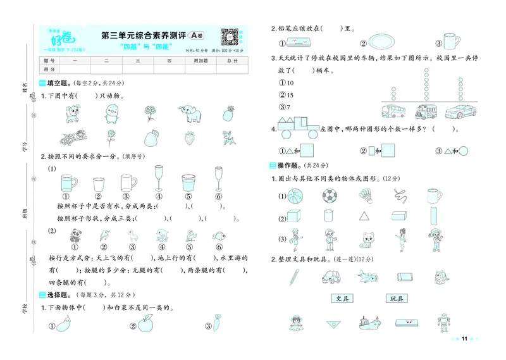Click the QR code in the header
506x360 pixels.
point(229,37)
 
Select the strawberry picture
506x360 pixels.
point(188,137)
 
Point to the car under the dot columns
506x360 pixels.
point(459,112)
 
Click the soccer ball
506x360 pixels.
point(329,197)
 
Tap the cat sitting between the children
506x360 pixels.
point(367,239)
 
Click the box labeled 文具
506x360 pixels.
point(342,298)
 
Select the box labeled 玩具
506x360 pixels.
point(397,298)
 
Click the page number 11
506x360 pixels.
point(464,340)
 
